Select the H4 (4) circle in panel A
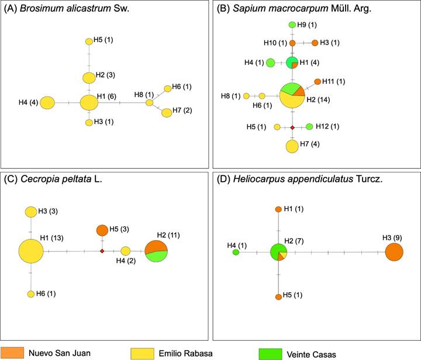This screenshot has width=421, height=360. (47, 103)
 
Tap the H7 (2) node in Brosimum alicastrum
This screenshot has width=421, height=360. (167, 112)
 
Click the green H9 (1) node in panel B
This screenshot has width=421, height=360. (292, 25)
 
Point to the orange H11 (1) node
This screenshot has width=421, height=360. (318, 82)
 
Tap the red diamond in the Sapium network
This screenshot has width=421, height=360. (292, 127)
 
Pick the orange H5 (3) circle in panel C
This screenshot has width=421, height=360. (102, 230)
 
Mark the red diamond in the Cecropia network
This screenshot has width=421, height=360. (102, 251)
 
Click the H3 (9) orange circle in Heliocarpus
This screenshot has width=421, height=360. (395, 252)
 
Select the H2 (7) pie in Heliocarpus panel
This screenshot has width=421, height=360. (278, 253)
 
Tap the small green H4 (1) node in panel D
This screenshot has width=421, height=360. (236, 252)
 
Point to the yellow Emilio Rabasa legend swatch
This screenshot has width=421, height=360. (143, 352)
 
